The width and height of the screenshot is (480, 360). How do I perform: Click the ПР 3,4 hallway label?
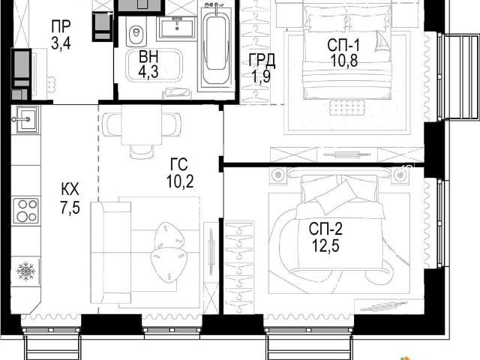(x=61, y=34)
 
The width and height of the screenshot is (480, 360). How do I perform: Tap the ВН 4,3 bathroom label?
(x=148, y=64)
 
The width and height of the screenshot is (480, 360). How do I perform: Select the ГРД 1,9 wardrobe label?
(x=262, y=68)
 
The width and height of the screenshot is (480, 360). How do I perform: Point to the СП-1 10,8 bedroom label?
(x=343, y=53)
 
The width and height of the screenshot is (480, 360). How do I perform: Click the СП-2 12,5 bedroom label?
(x=325, y=237)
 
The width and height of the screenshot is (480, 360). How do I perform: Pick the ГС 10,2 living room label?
(x=180, y=173)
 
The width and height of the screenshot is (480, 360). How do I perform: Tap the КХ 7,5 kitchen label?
(x=70, y=198)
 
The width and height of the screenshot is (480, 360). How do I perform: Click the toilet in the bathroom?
(x=136, y=33)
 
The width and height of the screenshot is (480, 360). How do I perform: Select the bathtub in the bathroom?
(x=216, y=47)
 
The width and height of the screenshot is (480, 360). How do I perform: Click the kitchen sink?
(x=25, y=119)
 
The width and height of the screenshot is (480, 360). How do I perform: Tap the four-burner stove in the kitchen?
(x=26, y=211)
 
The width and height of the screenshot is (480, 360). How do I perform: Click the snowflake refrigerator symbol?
(x=26, y=271)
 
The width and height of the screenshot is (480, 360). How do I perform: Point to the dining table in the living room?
(x=142, y=125)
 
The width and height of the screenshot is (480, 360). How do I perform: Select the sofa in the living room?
(x=112, y=252)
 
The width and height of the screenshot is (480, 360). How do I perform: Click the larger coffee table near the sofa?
(x=169, y=264)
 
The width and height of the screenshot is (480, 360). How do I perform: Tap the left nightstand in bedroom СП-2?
(x=278, y=175)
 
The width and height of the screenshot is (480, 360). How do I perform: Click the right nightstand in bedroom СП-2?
(x=400, y=175)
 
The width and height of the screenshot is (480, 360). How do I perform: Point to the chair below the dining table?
(x=142, y=151)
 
